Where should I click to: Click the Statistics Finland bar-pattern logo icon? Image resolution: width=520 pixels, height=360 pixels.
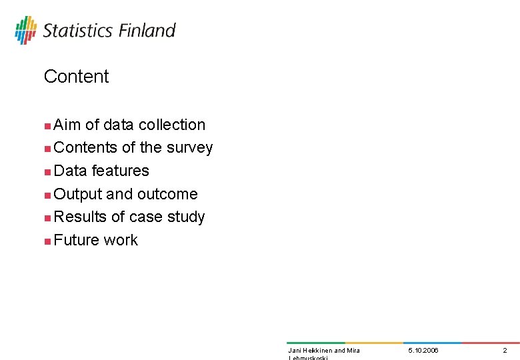tap(25, 30)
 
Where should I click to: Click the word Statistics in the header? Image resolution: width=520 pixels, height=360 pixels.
tap(78, 31)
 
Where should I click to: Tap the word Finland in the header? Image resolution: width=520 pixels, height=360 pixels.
tap(147, 31)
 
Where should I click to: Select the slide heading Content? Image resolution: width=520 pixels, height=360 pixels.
tap(76, 77)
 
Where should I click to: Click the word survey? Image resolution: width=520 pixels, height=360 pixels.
tap(190, 148)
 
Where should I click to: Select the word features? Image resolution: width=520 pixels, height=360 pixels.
tap(121, 171)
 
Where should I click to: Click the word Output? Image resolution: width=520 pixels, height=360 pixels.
tap(78, 195)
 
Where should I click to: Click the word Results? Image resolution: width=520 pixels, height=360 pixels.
tap(80, 217)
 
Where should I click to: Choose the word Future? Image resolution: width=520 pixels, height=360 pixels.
tap(77, 241)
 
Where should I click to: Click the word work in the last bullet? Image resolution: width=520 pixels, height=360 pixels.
tap(121, 241)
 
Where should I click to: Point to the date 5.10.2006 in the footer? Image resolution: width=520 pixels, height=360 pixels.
tap(423, 351)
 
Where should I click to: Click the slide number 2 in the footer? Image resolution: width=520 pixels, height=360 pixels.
tap(505, 351)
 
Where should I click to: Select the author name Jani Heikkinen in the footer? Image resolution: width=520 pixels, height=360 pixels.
tap(309, 351)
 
